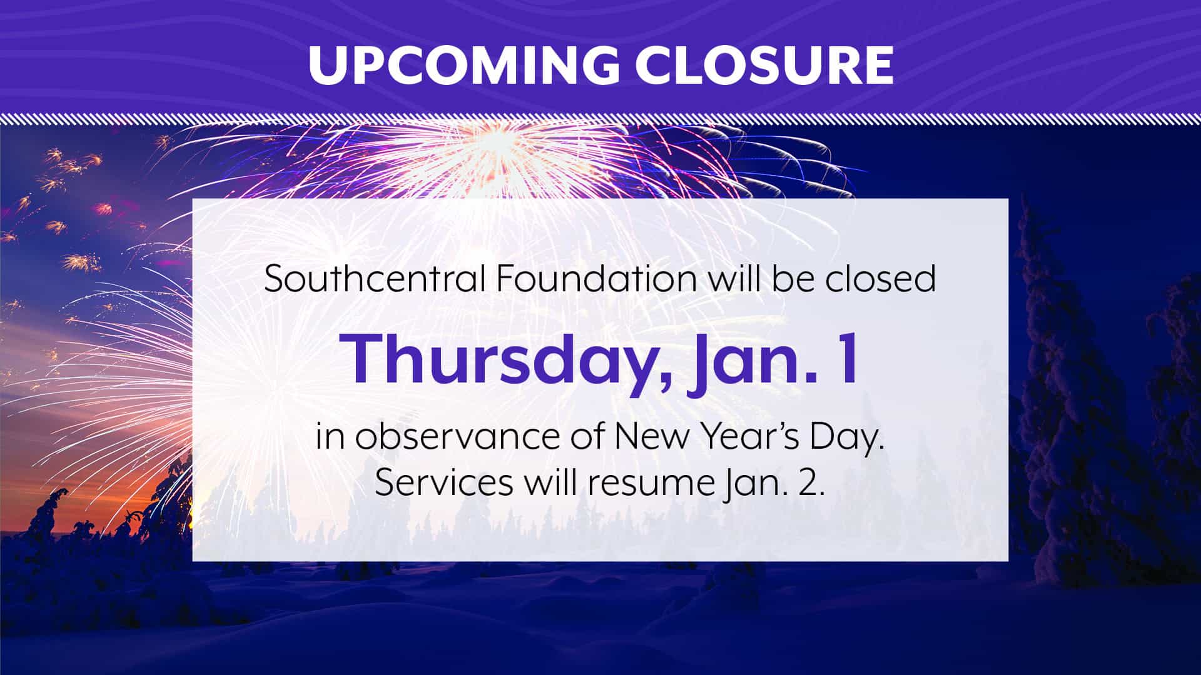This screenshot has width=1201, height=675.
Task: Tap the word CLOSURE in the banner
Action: coord(764,64)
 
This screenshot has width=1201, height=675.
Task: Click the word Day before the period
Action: coord(844,437)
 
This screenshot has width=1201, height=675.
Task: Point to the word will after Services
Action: coord(550,482)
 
